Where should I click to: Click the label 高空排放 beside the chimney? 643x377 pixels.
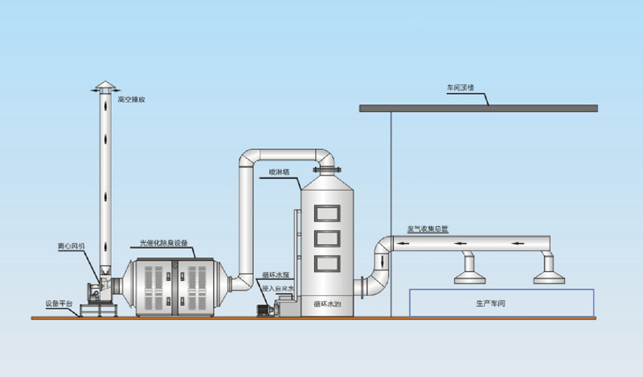(x=131, y=100)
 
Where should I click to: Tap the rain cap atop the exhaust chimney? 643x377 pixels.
(x=105, y=87)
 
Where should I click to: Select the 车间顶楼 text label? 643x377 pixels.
(x=462, y=87)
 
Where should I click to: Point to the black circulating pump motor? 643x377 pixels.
(x=263, y=308)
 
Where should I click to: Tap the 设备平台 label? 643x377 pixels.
(x=59, y=303)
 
